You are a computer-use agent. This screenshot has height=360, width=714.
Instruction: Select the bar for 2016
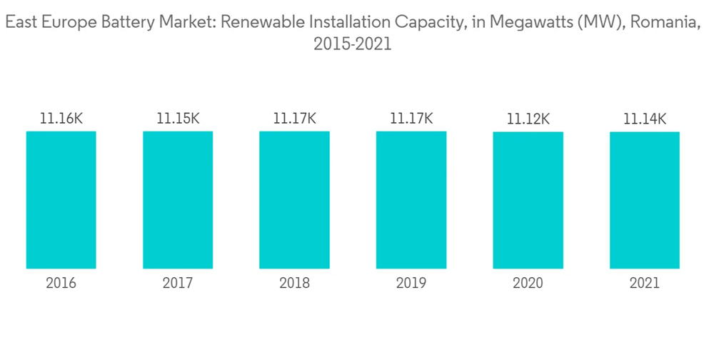click(61, 200)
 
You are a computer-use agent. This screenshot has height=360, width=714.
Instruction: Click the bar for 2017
click(178, 200)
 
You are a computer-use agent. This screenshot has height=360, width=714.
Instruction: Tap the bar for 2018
click(294, 200)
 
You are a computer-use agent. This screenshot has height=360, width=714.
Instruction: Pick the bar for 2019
click(411, 200)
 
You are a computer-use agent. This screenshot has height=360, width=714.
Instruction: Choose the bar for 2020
click(528, 200)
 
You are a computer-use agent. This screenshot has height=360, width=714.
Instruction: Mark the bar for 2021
click(645, 200)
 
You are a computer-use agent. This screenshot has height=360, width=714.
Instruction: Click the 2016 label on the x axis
click(61, 284)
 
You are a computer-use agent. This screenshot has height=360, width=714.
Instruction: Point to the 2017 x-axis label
click(178, 284)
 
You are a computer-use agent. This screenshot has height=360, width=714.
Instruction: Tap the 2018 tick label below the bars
click(294, 284)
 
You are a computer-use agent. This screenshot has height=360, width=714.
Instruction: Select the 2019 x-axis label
click(411, 284)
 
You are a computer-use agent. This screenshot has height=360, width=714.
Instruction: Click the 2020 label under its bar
click(528, 284)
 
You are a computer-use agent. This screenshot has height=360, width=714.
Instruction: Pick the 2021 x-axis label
click(645, 284)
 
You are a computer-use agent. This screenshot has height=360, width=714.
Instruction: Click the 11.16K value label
click(61, 119)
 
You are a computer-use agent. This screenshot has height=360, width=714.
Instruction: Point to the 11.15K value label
click(178, 119)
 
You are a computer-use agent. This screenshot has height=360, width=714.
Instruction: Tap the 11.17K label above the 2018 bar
click(294, 119)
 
